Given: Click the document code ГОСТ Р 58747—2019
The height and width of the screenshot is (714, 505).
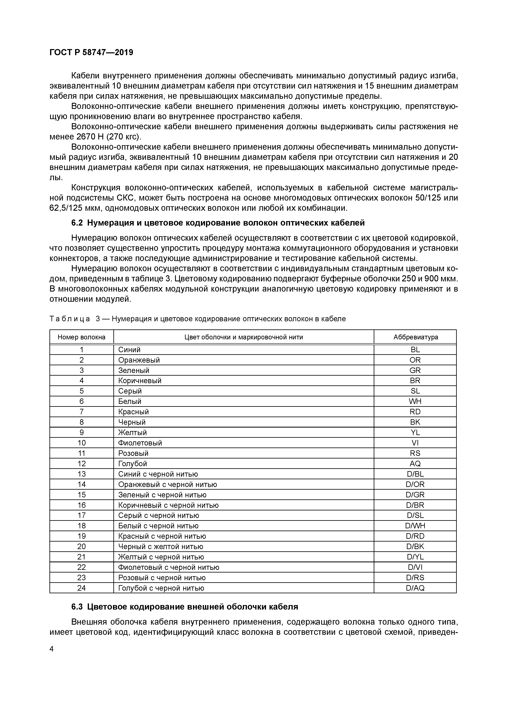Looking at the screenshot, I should coord(91,52).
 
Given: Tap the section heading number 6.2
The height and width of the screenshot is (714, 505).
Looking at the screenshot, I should coord(77,223).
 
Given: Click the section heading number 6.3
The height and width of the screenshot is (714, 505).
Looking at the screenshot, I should coord(77,607).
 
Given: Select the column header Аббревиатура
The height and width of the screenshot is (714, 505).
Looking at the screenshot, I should coord(415,337).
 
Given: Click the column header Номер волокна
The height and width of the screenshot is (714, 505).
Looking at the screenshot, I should coord(81,337).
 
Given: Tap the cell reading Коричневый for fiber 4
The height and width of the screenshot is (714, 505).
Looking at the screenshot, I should coord(140,381).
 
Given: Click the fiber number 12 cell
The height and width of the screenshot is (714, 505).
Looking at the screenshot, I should coord(81,464).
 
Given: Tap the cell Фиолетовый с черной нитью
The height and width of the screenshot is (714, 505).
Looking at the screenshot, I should coord(169,567).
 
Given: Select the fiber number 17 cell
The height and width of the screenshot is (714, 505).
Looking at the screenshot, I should coord(81,515).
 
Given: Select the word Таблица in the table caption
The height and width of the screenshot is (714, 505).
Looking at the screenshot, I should coord(70,319).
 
